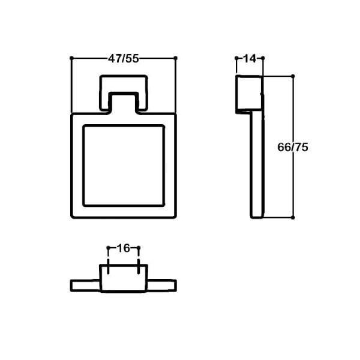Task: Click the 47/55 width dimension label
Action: (124, 58)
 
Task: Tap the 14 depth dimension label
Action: (250, 58)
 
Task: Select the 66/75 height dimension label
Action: (293, 147)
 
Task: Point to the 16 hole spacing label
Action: (123, 248)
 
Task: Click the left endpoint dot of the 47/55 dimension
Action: (71, 58)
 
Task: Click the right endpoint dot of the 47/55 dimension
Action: (175, 58)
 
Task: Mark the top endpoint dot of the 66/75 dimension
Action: (293, 76)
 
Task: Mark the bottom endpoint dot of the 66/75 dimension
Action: (293, 217)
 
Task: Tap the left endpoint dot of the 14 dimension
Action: (236, 58)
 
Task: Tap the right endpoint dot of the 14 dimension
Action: (263, 58)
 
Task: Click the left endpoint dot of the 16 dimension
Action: (108, 248)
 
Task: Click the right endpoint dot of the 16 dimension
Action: (139, 248)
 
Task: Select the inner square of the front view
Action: (123, 165)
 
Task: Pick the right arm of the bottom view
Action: (161, 285)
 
